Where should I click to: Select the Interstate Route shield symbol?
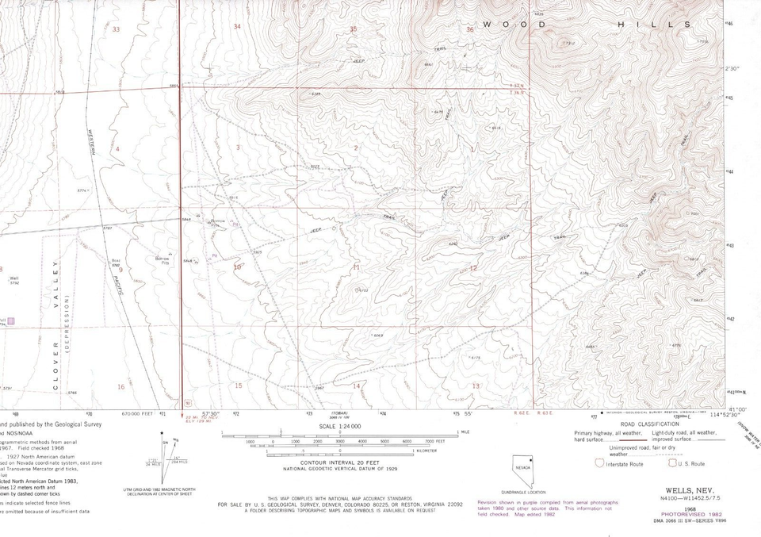(599, 463)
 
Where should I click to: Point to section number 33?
(117, 29)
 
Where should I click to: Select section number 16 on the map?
(120, 386)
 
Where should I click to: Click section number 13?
(476, 385)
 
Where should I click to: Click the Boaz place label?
(116, 261)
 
